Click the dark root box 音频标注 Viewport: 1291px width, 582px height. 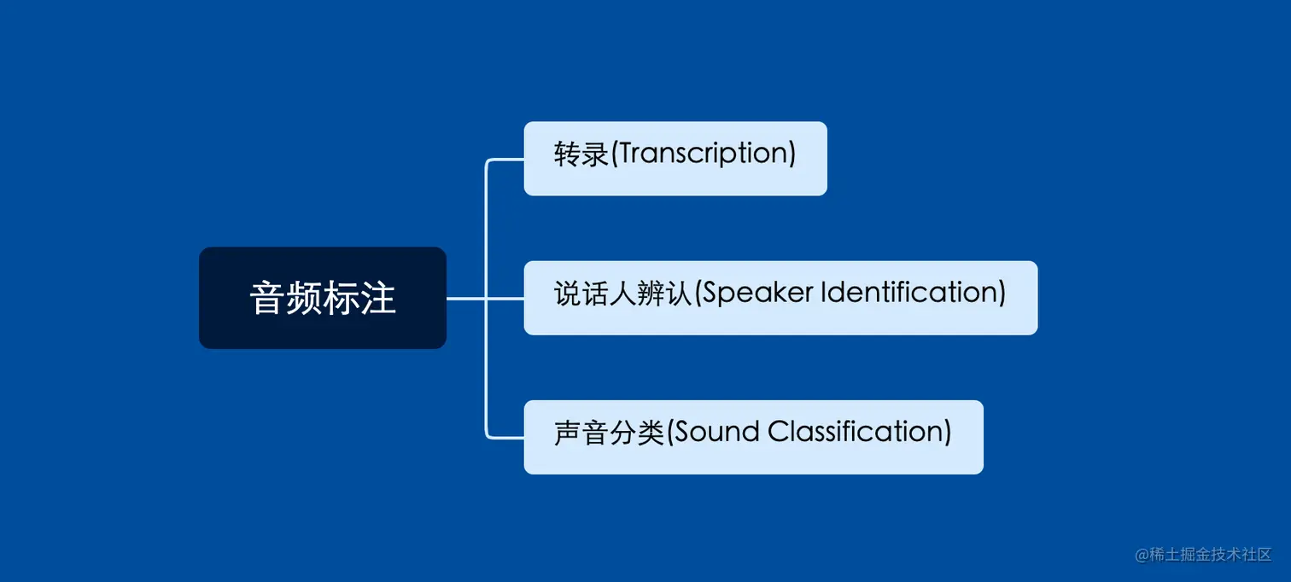[322, 298]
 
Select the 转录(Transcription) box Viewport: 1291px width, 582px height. [675, 159]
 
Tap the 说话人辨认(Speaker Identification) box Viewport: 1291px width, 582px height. [780, 298]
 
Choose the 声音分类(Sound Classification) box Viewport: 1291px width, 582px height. [752, 437]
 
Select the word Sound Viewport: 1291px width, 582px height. [717, 432]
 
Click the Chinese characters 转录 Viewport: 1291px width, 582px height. [581, 154]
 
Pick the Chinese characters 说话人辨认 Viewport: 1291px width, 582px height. [622, 294]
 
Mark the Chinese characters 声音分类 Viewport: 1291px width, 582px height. [608, 433]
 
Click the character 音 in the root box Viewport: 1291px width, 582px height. [266, 299]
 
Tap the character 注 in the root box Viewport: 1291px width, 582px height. [377, 299]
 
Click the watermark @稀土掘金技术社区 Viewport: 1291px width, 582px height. [1202, 555]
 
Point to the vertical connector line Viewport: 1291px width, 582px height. [486, 367]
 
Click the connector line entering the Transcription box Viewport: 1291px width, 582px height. [506, 160]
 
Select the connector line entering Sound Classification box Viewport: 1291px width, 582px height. [506, 438]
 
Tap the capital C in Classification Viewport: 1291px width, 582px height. [778, 432]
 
